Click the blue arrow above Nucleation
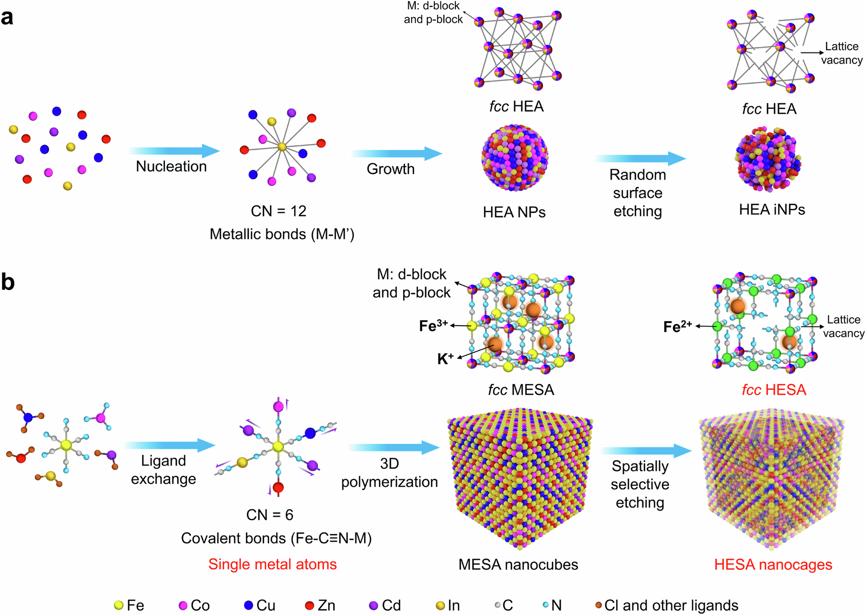[x=174, y=151]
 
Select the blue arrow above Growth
[x=396, y=153]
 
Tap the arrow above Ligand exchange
[x=170, y=445]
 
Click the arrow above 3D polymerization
[x=394, y=448]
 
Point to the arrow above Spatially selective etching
[x=646, y=450]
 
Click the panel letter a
[x=7, y=18]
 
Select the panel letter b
[x=8, y=282]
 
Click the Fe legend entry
[x=129, y=605]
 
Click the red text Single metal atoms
[x=272, y=564]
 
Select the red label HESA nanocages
[x=773, y=564]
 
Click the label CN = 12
[x=279, y=211]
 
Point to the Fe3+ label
[x=433, y=326]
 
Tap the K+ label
[x=445, y=359]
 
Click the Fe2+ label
[x=677, y=327]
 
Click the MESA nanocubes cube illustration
[x=520, y=477]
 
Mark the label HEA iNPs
[x=772, y=209]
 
